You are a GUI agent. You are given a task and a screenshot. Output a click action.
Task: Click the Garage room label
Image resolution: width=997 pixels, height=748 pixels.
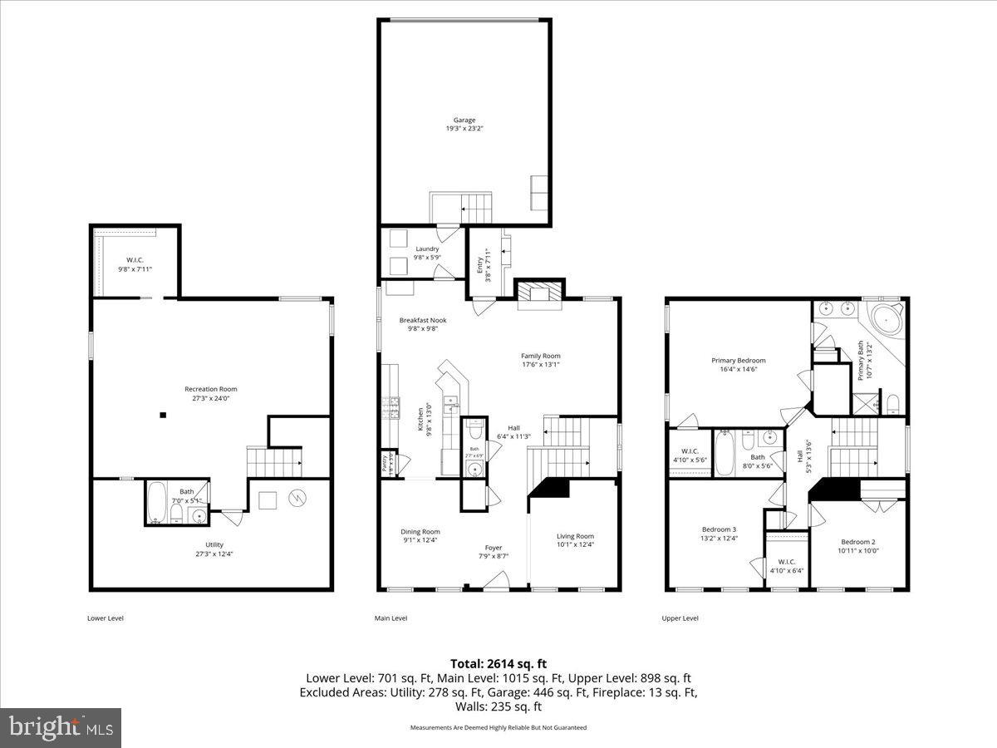click(464, 121)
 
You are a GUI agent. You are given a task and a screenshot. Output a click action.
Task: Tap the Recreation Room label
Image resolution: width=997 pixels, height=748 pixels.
click(210, 389)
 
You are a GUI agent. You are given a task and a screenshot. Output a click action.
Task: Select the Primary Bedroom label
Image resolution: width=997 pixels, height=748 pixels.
click(738, 361)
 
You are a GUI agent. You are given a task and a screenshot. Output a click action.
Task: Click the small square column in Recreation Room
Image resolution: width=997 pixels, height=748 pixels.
click(164, 415)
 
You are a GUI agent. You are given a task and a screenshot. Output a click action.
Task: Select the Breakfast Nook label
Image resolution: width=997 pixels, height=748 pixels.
click(422, 320)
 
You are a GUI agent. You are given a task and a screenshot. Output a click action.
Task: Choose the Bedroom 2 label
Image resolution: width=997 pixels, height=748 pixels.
click(857, 541)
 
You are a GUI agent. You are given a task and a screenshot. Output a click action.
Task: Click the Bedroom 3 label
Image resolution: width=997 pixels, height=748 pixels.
click(719, 529)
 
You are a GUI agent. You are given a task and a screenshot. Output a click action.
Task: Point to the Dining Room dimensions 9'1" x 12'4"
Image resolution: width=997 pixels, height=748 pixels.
click(420, 541)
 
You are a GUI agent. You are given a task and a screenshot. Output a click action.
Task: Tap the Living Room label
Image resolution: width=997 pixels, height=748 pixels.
click(575, 536)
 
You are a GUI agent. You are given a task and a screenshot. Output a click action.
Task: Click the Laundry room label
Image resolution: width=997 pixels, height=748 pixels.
click(427, 249)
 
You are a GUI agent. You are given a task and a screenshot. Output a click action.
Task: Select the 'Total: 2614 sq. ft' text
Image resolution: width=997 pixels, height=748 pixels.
click(498, 663)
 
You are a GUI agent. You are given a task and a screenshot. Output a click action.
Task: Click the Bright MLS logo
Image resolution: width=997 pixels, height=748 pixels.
click(61, 727)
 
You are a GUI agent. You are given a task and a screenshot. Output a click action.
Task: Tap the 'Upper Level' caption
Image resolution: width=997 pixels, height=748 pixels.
click(680, 618)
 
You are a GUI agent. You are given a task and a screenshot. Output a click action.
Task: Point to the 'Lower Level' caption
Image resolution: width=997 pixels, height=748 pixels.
click(105, 618)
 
